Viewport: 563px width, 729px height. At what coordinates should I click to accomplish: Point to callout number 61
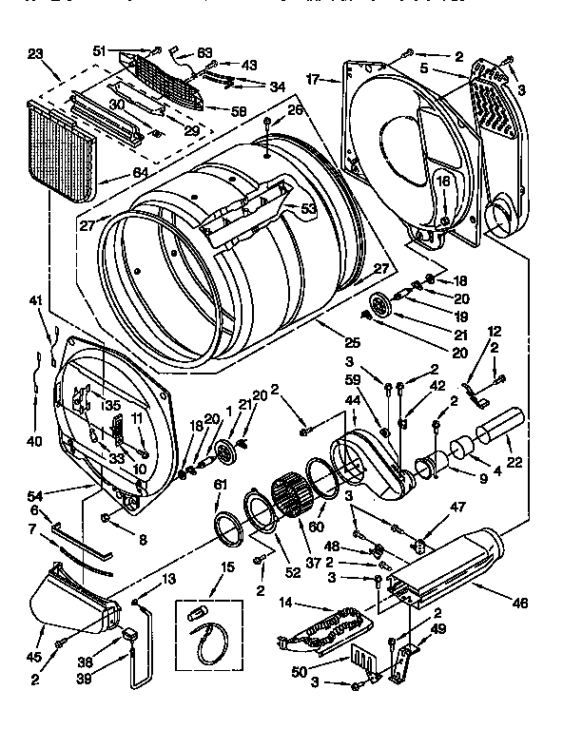(x=221, y=486)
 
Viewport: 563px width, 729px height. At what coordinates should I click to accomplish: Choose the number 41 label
(x=36, y=300)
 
